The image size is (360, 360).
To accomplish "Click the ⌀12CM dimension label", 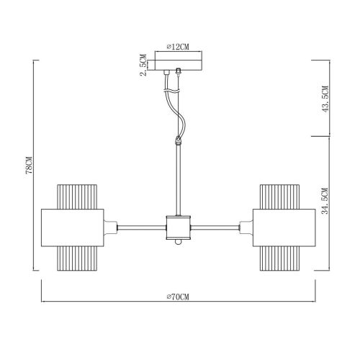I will (179, 47).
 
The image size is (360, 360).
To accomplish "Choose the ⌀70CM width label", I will (178, 297).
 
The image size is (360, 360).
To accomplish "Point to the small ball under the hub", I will (177, 246).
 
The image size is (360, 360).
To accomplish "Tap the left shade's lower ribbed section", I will (77, 258).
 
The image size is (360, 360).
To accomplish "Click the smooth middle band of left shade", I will (72, 228).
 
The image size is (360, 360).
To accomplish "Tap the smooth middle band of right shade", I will (283, 228).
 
